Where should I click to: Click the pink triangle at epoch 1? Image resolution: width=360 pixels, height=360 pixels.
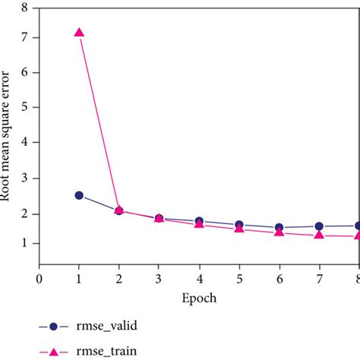[x=79, y=33]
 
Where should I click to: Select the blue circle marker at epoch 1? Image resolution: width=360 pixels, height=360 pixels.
[x=79, y=195]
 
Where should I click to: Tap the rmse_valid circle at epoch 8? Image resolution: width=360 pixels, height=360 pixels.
[x=358, y=226]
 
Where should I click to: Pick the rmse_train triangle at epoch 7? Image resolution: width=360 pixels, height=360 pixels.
[x=319, y=235]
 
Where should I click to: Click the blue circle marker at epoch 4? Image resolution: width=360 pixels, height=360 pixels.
[x=199, y=221]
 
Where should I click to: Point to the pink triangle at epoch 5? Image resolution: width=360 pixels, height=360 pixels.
[x=239, y=228]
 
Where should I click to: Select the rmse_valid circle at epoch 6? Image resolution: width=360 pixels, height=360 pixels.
[x=279, y=228]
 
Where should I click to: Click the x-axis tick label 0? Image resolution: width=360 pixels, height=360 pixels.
[x=39, y=279]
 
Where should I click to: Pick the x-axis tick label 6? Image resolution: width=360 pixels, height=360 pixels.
[x=279, y=279]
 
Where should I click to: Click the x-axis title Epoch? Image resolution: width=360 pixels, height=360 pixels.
[x=197, y=298]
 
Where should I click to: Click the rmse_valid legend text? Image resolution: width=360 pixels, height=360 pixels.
[x=106, y=327]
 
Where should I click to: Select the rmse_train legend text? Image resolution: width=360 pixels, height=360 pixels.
[x=105, y=352]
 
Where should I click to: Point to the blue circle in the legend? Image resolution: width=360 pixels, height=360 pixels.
[x=52, y=327]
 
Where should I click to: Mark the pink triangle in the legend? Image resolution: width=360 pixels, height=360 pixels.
[x=52, y=351]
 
